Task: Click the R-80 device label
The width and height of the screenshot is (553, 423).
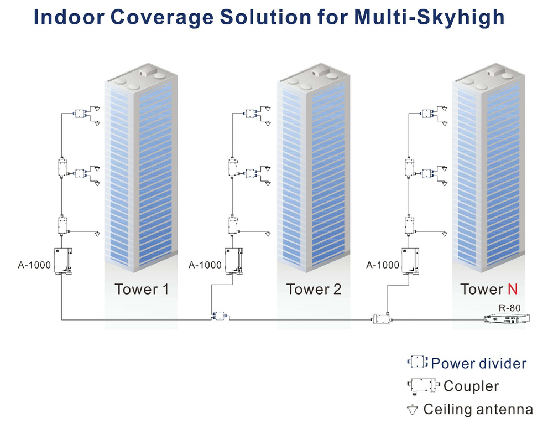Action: click(509, 308)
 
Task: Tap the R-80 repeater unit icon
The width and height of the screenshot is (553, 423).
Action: click(506, 319)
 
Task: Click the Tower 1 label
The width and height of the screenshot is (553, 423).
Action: click(142, 289)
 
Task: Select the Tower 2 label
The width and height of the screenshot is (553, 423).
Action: click(314, 289)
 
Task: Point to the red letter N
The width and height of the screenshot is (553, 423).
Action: click(513, 289)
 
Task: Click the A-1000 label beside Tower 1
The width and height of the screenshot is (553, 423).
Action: click(34, 265)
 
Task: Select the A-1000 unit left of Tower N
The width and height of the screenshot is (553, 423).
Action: click(410, 261)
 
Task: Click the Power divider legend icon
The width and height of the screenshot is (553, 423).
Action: click(418, 362)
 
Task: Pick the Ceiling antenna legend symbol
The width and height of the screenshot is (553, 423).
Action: click(413, 410)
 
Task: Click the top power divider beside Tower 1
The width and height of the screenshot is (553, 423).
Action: click(80, 114)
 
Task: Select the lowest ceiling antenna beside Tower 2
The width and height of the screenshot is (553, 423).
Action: click(268, 234)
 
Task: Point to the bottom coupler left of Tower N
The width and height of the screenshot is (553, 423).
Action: click(409, 225)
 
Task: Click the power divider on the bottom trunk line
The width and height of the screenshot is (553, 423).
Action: click(220, 316)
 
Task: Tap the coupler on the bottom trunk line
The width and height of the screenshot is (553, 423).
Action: click(382, 318)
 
